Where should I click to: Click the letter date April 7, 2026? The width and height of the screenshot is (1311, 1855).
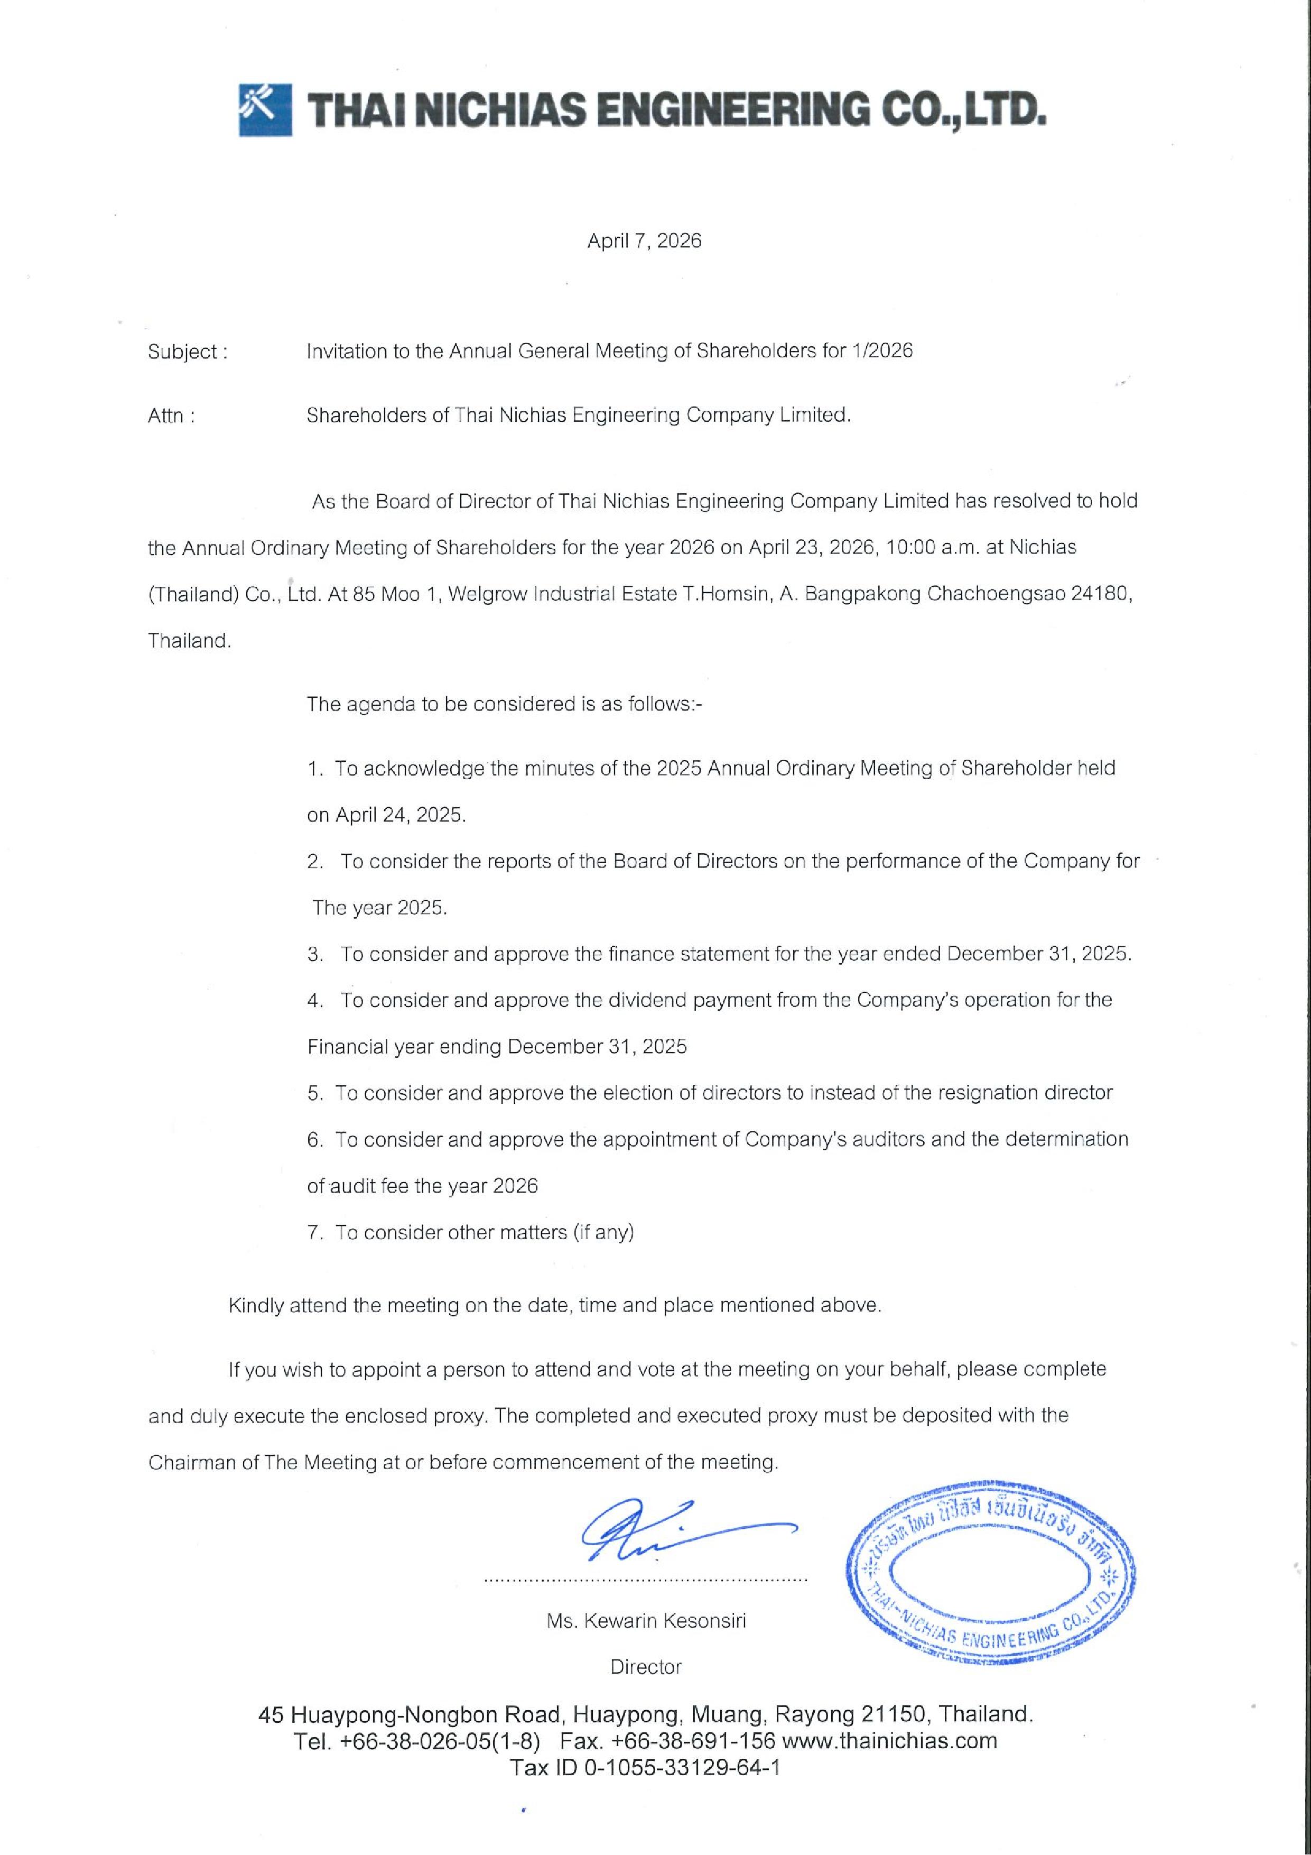(644, 241)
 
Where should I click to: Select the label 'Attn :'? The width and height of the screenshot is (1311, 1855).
(171, 416)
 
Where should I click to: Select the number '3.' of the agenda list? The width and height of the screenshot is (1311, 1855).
(315, 954)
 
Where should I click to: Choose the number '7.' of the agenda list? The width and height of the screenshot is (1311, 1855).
(315, 1233)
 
